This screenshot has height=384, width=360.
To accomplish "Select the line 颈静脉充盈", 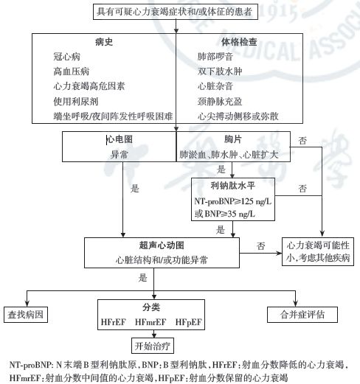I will tap(218, 101).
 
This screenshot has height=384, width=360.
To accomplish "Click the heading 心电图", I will tap(119, 139).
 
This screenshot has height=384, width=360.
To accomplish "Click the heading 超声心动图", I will tap(161, 245).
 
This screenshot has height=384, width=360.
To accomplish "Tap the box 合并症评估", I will tap(301, 314).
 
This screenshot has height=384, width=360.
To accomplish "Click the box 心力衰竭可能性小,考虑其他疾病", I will tap(318, 251).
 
